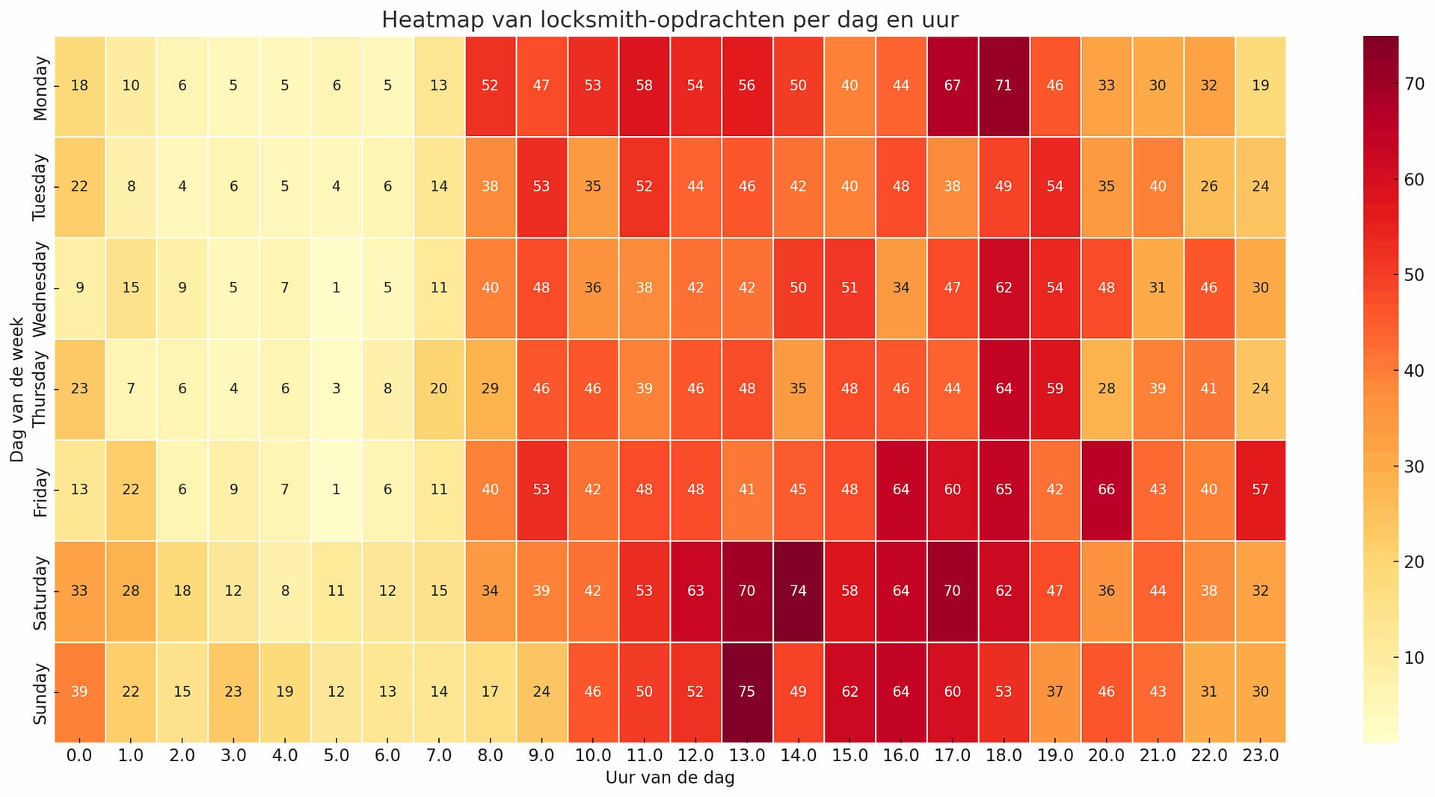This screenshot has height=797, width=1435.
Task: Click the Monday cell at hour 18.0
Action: (x=1004, y=86)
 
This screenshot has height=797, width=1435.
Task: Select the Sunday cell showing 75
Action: (x=746, y=692)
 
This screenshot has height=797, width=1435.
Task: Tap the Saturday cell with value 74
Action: (x=798, y=591)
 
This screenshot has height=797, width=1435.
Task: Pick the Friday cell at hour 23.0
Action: (x=1260, y=490)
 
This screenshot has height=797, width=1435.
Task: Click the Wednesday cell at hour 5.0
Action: (x=337, y=288)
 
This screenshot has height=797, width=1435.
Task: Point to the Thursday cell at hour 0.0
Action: (x=79, y=389)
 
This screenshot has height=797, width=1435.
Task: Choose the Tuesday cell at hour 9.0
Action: (x=541, y=187)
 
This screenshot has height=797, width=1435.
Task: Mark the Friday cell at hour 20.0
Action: (x=1106, y=490)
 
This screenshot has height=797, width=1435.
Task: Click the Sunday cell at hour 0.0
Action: (x=79, y=692)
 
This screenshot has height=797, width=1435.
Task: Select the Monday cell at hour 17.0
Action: (x=952, y=86)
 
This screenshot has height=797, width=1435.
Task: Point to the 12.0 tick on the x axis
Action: (x=695, y=756)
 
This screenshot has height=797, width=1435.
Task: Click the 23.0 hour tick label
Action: (x=1260, y=756)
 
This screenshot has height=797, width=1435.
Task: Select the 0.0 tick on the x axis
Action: (x=79, y=756)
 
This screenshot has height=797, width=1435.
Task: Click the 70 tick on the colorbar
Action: (x=1414, y=84)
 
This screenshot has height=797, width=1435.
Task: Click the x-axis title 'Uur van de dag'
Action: (x=670, y=778)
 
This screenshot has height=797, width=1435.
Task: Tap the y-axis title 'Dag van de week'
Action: (x=17, y=390)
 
